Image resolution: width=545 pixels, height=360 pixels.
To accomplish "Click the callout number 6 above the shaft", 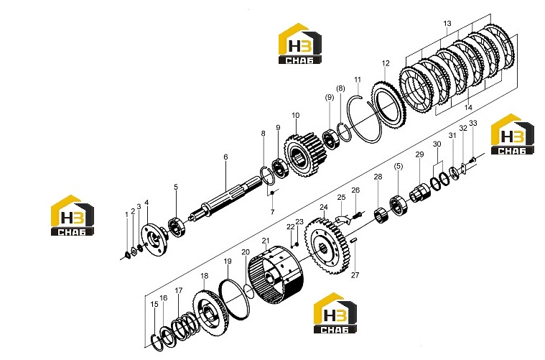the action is coord(225,157).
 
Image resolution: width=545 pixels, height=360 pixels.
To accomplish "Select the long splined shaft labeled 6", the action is coord(225,199).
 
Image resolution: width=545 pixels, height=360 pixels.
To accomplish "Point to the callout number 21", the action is coord(266,241).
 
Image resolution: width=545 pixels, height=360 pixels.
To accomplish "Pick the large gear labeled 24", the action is coord(327,245).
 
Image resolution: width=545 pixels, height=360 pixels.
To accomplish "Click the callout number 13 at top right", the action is coord(447,23).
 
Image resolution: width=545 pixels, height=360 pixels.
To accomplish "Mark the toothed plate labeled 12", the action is coord(389,104).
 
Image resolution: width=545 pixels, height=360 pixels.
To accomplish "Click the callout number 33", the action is coord(473,123).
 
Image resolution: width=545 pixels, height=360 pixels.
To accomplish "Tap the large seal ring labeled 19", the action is coord(234,299).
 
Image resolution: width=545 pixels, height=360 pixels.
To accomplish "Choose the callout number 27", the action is coord(355,275).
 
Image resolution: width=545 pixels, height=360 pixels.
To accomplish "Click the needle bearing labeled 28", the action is coord(381,215).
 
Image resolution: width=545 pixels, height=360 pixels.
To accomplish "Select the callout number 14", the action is coord(468,108).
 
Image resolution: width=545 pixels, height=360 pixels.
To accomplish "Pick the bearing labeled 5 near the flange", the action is coord(176,227).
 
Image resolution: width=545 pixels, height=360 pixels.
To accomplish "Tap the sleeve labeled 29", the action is coord(420,193).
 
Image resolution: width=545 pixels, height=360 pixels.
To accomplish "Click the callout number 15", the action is coord(154,304).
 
